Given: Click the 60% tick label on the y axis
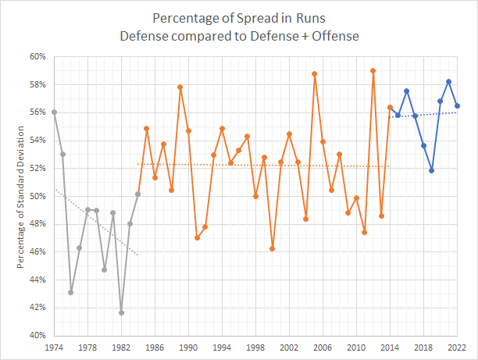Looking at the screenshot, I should [37, 56].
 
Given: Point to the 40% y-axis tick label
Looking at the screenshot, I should [37, 336].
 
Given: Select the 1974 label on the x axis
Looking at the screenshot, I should [54, 348].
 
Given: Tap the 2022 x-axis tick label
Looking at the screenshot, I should [457, 348].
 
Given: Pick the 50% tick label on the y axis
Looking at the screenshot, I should [37, 196].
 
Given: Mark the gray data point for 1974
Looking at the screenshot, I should [54, 112].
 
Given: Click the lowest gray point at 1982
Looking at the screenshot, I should [121, 313].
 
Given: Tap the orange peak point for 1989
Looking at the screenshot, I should [180, 87].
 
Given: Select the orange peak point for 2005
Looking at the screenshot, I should [314, 74].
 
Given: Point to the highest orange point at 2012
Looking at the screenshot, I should [373, 70].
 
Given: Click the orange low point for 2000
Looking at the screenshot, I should [272, 248].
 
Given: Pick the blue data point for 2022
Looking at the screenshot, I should [457, 106].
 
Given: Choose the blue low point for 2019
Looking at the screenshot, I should [432, 170].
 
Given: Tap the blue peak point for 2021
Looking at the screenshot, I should [448, 81].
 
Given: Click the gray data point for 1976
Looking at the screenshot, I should [71, 292].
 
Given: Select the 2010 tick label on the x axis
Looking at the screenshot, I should [356, 348].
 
